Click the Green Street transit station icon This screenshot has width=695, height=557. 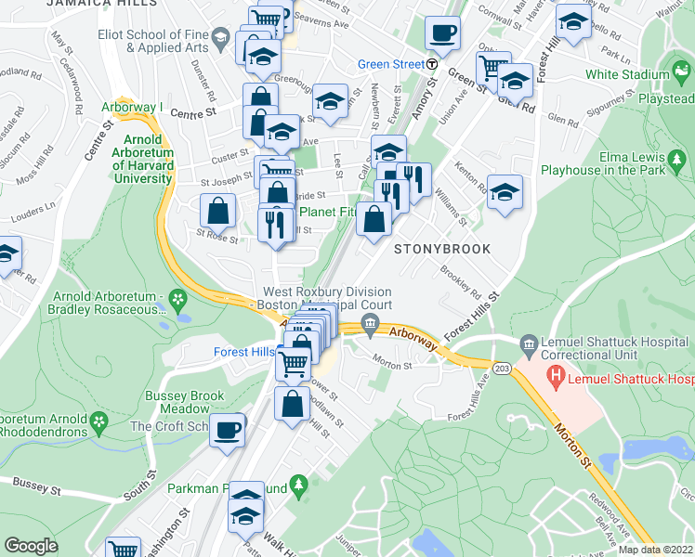(x=432, y=64)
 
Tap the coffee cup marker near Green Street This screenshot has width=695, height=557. (x=442, y=33)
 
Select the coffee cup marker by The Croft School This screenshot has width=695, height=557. (x=227, y=430)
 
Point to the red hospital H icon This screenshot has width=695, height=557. (x=557, y=379)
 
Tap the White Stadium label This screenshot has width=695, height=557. (x=627, y=74)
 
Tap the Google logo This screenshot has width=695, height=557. (x=31, y=545)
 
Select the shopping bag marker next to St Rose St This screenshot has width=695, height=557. (x=216, y=213)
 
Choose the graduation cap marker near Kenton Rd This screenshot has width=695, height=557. (x=504, y=192)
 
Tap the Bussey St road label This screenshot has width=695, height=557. (x=36, y=485)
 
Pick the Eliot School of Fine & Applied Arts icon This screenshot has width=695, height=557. (x=220, y=40)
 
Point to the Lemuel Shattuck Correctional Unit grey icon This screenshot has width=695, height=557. (x=529, y=343)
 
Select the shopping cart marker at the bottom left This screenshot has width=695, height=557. (x=123, y=549)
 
